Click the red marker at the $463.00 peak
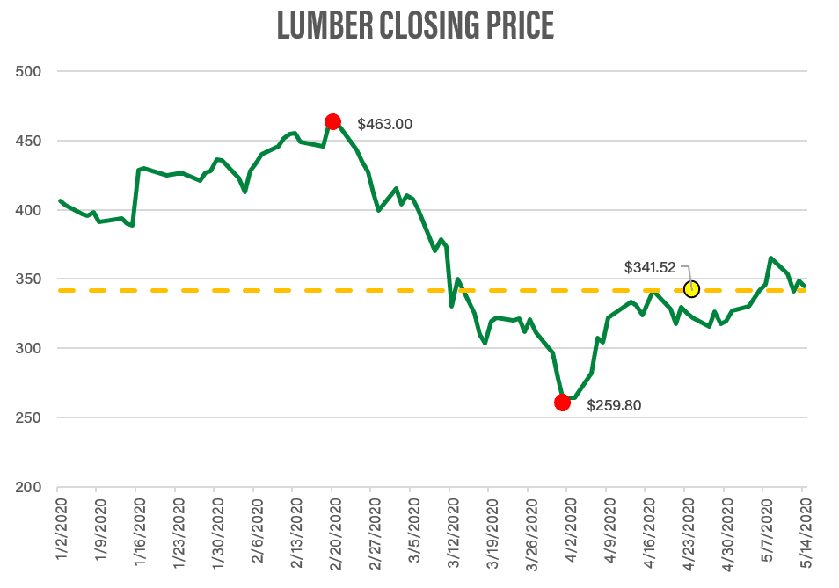click(x=332, y=122)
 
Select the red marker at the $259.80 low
click(x=562, y=403)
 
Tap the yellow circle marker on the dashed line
click(x=691, y=289)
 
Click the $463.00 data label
click(x=384, y=125)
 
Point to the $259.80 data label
click(x=615, y=406)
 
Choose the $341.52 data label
click(x=650, y=266)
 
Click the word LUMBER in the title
click(x=325, y=26)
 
